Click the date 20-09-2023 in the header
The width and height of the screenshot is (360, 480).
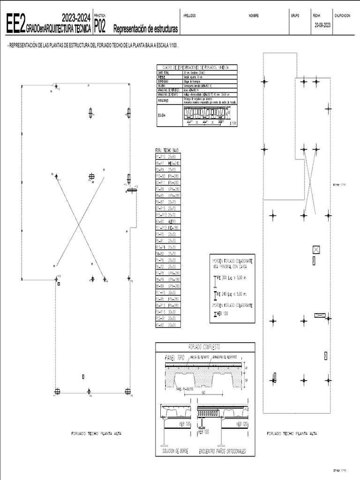tap(323, 25)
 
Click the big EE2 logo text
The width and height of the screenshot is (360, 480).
tap(15, 26)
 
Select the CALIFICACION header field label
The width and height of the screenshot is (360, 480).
tap(342, 15)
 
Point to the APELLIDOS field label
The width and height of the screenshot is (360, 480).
tap(190, 15)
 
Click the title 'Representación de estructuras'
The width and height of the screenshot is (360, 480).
tap(146, 29)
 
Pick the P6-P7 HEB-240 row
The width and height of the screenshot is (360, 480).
tap(167, 163)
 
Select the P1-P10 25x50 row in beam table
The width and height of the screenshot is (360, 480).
tap(167, 156)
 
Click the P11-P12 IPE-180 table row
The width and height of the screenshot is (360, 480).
tap(167, 227)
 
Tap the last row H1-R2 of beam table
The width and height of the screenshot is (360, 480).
tap(167, 324)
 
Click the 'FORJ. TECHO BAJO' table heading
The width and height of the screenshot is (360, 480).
tap(166, 150)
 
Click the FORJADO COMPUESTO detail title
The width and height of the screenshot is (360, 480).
tap(205, 347)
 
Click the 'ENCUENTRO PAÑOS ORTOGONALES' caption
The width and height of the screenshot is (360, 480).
tap(222, 451)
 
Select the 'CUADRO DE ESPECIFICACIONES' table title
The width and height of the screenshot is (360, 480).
tap(196, 67)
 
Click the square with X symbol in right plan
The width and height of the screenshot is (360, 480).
tap(316, 249)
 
